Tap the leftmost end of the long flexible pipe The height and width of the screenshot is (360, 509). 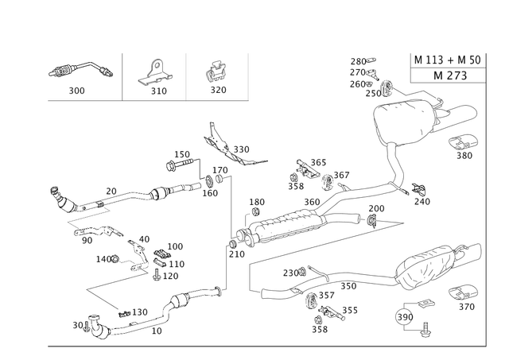(x=54, y=192)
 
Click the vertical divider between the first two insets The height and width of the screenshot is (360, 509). (x=123, y=75)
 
